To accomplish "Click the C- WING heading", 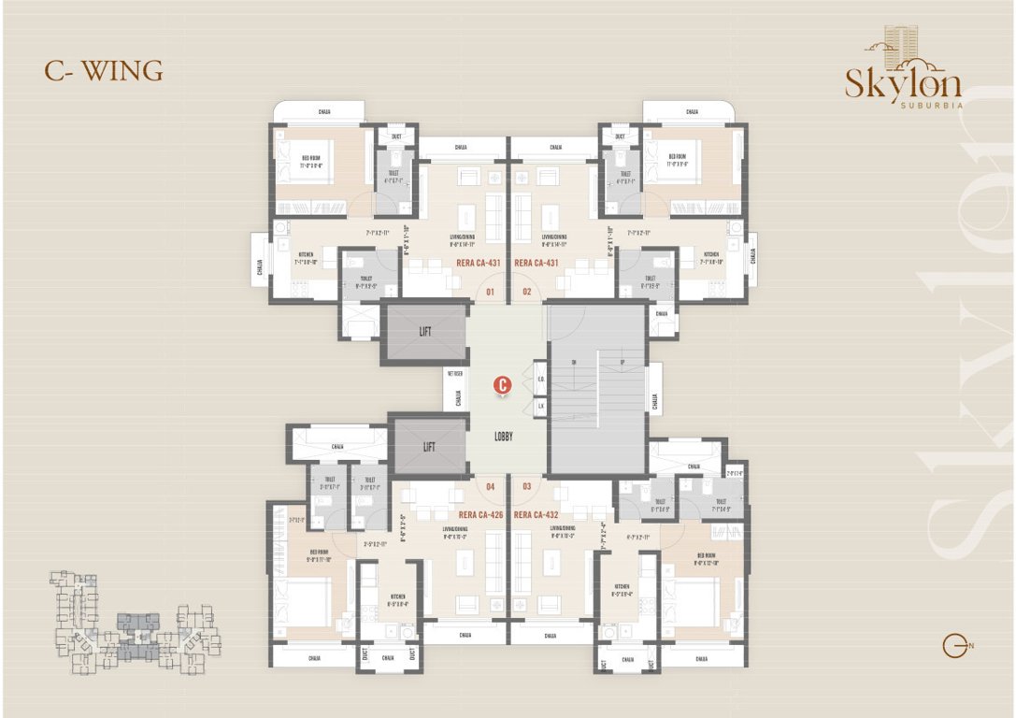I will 104,71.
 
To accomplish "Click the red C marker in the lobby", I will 503,384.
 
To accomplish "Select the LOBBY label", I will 503,437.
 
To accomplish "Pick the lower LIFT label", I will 429,447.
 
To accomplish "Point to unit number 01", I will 490,292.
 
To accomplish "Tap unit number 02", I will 526,292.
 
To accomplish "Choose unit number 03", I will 526,486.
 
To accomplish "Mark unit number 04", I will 490,486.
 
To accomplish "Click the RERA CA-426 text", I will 480,515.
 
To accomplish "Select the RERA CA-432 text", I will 537,515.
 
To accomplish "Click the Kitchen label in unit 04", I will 397,597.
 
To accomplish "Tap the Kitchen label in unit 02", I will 712,257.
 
